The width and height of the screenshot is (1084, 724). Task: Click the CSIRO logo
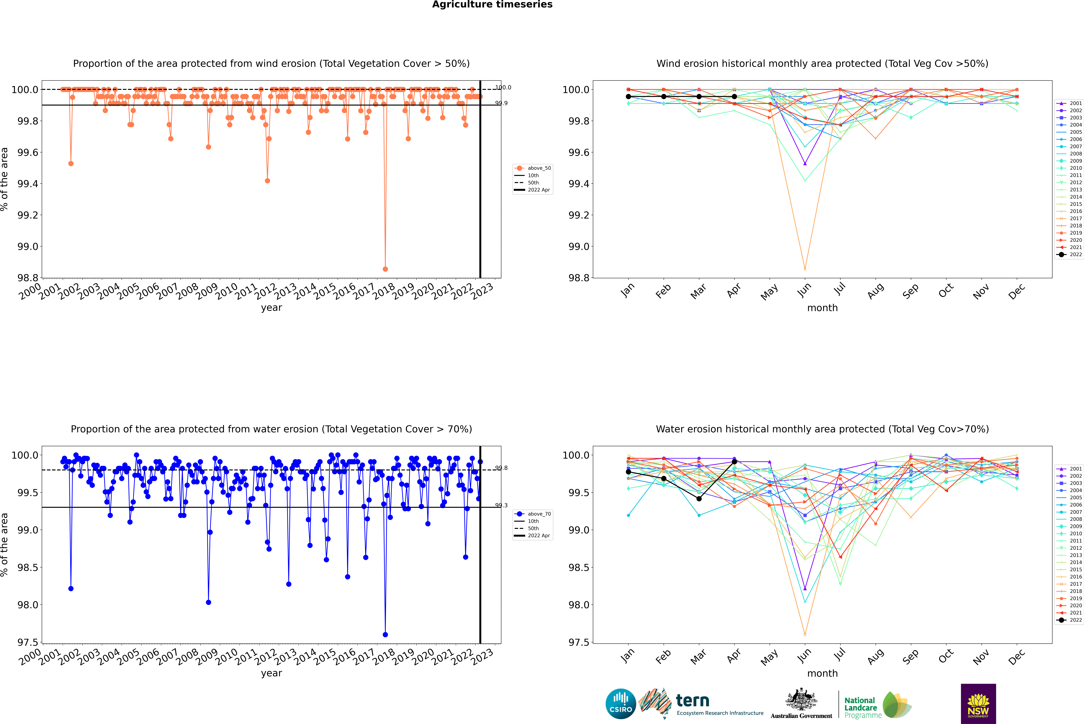tap(621, 704)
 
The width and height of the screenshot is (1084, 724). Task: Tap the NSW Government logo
tap(978, 704)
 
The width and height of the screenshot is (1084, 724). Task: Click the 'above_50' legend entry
tap(533, 168)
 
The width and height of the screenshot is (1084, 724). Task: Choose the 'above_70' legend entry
tap(533, 514)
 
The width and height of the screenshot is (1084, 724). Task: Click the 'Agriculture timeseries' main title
tap(492, 5)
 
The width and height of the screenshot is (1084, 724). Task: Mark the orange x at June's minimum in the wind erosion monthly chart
tap(805, 269)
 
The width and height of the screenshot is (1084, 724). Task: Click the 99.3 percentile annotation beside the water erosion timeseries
tap(501, 505)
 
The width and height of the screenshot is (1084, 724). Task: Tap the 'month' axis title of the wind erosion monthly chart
tap(822, 308)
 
